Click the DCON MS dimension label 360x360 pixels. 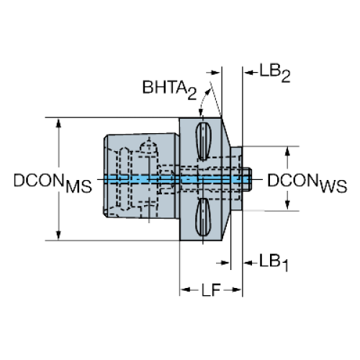53,183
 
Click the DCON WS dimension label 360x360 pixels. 307,183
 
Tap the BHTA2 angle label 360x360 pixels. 169,90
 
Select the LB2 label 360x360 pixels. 275,73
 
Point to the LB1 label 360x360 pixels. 274,262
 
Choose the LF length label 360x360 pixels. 211,290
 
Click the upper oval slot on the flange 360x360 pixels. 203,141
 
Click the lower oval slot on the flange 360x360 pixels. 203,217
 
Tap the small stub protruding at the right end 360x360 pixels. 247,179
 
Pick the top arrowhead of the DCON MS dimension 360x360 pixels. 58,123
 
